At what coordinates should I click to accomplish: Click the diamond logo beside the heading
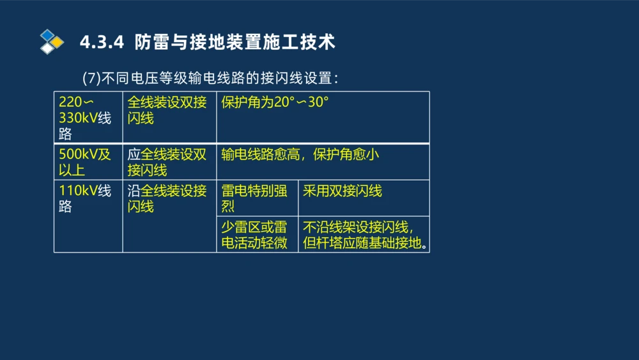52,42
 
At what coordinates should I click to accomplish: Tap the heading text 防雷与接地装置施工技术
235,42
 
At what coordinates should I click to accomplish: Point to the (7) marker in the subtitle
92,78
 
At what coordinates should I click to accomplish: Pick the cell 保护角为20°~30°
275,102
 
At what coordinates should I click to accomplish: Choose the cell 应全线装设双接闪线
167,162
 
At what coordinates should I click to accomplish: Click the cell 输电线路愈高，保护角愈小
300,155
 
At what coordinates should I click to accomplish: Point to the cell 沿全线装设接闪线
167,198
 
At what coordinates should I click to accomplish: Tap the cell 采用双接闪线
343,191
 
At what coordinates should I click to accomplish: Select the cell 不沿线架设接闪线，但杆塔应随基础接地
363,235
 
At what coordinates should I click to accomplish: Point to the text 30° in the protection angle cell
318,102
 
